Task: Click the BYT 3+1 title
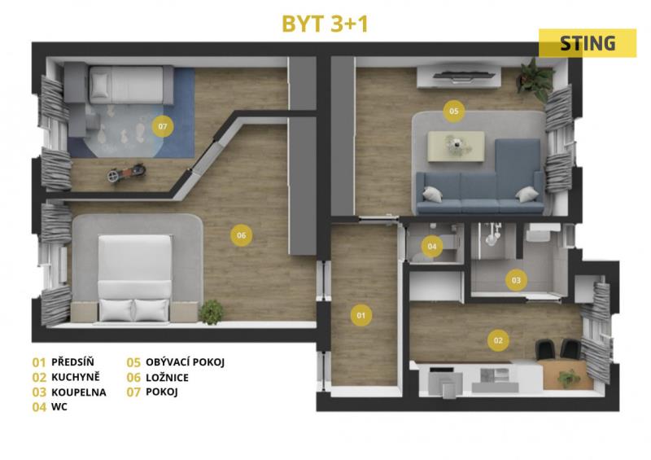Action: point(325,24)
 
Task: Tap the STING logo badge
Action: point(588,43)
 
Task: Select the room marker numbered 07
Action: point(162,126)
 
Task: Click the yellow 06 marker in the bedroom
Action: point(241,235)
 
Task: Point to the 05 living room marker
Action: point(453,111)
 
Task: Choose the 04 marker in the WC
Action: point(432,247)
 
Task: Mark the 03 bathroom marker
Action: point(516,280)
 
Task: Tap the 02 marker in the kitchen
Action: point(498,340)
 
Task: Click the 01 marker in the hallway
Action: point(361,315)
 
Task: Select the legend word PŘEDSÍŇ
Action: point(72,362)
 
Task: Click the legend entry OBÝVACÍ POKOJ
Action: point(186,362)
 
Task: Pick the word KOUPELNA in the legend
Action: point(79,392)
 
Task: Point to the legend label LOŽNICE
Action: point(167,377)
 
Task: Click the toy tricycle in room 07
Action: point(127,173)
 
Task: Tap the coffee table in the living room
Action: point(456,146)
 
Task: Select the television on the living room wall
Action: point(464,75)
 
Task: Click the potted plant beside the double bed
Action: point(212,312)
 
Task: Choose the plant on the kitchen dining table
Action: point(568,378)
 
